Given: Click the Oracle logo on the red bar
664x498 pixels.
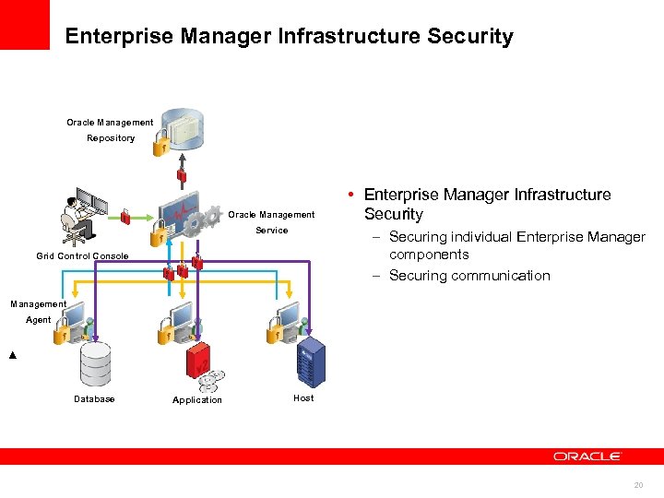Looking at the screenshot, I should (587, 456).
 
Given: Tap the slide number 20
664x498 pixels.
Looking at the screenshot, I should (638, 485).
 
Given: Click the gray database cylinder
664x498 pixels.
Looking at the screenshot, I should (95, 364).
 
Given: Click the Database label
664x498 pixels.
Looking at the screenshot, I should (94, 399).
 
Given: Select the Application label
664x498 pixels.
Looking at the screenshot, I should (197, 400).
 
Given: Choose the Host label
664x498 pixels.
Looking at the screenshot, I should (303, 398).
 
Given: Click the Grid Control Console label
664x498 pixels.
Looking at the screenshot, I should (82, 256).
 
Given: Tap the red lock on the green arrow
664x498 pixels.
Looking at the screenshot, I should (125, 217).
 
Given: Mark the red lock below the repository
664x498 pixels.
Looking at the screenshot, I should (182, 175).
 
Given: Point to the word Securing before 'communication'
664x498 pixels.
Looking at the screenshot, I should (418, 276).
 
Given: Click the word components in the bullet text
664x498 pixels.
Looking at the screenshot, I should (429, 255).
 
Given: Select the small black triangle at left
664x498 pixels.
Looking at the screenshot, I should (12, 355).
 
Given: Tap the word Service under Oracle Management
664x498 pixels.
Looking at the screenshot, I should (271, 231).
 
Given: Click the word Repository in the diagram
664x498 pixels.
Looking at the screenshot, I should (111, 138).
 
